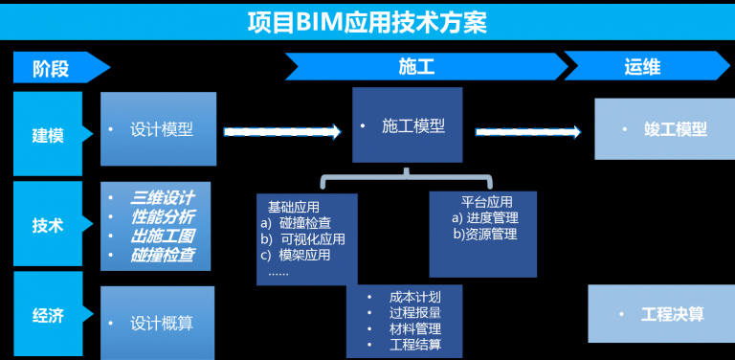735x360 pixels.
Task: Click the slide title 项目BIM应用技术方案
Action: pyautogui.click(x=367, y=20)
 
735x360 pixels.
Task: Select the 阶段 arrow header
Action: pyautogui.click(x=57, y=67)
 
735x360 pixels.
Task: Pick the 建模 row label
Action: pyautogui.click(x=48, y=134)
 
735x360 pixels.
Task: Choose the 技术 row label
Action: pyautogui.click(x=48, y=225)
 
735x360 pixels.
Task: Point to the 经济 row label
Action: pyautogui.click(x=48, y=315)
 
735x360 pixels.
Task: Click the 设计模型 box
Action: pyautogui.click(x=159, y=129)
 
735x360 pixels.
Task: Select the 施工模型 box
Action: pyautogui.click(x=408, y=125)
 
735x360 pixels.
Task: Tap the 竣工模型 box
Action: pyautogui.click(x=664, y=128)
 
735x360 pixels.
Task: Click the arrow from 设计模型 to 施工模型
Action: pyautogui.click(x=281, y=132)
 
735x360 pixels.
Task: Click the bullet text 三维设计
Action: pyautogui.click(x=163, y=197)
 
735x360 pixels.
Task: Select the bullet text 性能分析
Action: pyautogui.click(x=163, y=216)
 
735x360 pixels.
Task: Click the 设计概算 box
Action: pyautogui.click(x=159, y=324)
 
